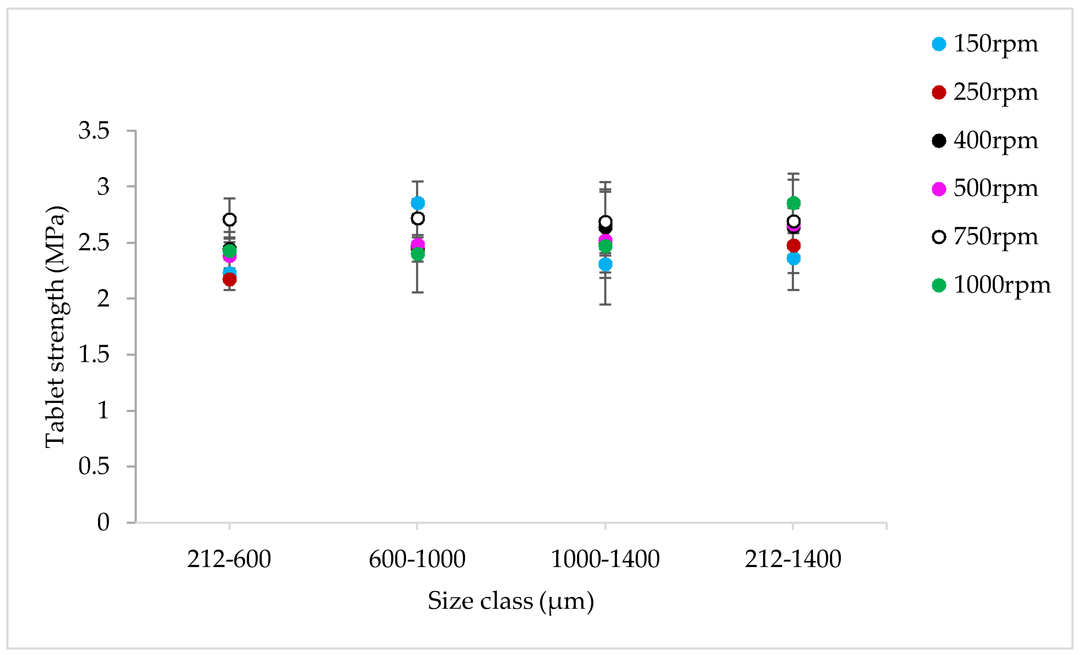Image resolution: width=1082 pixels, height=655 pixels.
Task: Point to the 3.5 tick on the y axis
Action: pos(93,131)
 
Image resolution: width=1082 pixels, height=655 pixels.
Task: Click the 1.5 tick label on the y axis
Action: pos(93,355)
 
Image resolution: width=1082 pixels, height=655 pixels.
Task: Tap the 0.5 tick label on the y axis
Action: pos(93,466)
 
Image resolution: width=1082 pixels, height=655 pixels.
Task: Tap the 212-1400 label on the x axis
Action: pos(793,559)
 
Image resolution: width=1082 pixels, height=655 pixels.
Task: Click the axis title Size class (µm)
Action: pos(511,601)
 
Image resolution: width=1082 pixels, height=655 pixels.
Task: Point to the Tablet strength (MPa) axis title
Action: pos(56,327)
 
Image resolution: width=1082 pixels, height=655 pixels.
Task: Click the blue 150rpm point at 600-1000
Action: pos(418,203)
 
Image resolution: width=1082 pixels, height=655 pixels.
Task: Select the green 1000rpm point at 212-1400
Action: pos(793,203)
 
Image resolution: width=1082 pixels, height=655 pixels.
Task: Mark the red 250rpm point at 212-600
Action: pos(229,279)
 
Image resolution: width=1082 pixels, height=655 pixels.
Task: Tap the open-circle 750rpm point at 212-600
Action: pos(229,219)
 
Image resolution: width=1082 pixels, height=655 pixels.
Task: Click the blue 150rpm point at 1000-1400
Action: pos(605,264)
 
